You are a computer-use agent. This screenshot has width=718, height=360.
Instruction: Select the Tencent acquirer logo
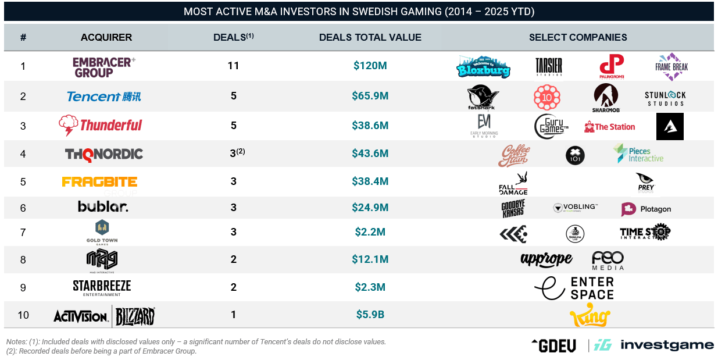[x=103, y=97]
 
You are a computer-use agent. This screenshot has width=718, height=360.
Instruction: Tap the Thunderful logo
[x=101, y=126]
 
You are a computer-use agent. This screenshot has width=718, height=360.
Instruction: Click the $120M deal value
[x=370, y=66]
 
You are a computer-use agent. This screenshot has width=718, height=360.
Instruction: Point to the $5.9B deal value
[x=370, y=315]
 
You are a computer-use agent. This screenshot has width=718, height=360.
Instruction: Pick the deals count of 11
[x=233, y=66]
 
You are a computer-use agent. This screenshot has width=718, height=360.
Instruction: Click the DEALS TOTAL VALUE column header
[x=370, y=37]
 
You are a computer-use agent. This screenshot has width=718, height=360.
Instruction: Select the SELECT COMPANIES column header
[x=578, y=37]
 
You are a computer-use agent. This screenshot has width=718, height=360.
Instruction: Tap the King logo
[x=590, y=316]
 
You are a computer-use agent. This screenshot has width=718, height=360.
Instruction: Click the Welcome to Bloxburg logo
[x=483, y=67]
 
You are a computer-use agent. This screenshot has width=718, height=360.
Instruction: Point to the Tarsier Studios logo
[x=549, y=66]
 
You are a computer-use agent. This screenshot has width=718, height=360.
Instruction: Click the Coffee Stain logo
[x=515, y=155]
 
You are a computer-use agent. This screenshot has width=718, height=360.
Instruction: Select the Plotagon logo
[x=646, y=209]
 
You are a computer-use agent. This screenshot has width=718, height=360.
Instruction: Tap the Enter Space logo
[x=574, y=288]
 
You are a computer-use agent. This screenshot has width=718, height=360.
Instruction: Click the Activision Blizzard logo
[x=104, y=316]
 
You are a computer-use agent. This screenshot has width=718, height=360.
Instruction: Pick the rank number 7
[x=23, y=233]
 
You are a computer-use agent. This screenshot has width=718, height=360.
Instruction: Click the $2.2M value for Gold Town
[x=370, y=233]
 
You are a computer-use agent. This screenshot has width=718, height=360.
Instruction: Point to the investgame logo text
[x=667, y=345]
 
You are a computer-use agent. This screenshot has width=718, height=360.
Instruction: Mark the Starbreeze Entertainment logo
[x=102, y=288]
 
